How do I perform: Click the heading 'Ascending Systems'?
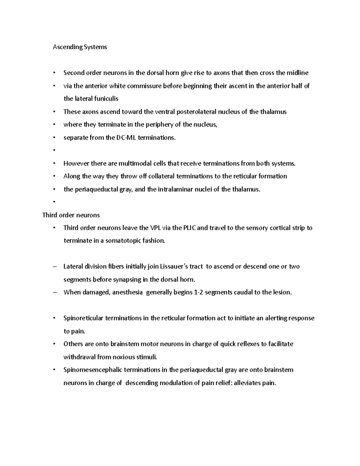pos(80,47)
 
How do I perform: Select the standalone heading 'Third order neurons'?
pos(71,215)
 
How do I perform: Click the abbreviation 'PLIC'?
pos(188,228)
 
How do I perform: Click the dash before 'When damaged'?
pos(54,293)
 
